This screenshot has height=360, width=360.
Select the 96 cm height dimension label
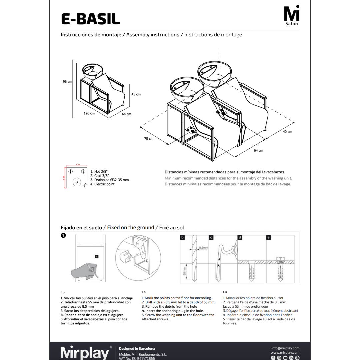(67, 82)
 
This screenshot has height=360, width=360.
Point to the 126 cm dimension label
(89, 113)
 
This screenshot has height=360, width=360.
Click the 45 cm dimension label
(136, 94)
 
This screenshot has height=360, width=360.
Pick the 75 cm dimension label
(149, 139)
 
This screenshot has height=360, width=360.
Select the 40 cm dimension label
(287, 132)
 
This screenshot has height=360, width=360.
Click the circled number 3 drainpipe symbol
(77, 182)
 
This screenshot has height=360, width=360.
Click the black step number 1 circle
(63, 236)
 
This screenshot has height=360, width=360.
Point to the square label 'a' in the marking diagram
(97, 256)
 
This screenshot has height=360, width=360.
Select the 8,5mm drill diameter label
(203, 248)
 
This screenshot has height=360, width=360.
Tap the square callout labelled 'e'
(269, 238)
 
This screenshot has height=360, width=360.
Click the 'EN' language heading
(144, 292)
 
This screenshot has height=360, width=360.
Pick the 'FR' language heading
(225, 292)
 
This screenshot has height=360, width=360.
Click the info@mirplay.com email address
(285, 348)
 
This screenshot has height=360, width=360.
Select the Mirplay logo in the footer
(85, 353)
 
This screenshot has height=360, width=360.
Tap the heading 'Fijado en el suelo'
(81, 228)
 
